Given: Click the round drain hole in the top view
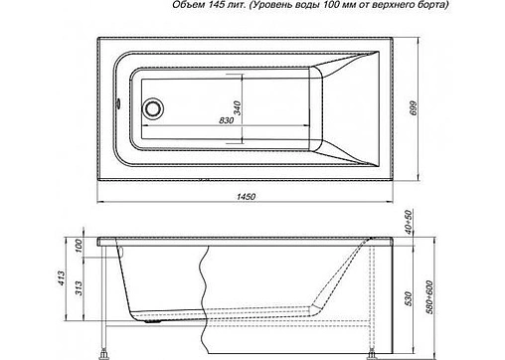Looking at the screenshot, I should (154, 106).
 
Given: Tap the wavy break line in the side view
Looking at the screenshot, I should (208, 288).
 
